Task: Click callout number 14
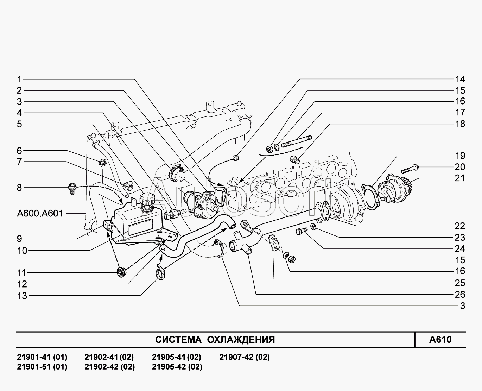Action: (x=460, y=79)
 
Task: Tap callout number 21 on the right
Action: (x=460, y=178)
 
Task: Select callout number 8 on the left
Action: (x=19, y=188)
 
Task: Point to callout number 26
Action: (x=460, y=295)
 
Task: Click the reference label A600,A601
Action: (x=40, y=213)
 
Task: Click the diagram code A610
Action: (x=440, y=340)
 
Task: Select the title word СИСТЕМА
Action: (x=178, y=340)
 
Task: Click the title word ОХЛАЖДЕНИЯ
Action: (x=241, y=340)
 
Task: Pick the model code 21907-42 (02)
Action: (x=245, y=357)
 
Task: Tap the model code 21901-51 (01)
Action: (x=42, y=367)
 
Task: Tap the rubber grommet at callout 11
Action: (x=121, y=271)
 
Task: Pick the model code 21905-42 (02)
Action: (x=177, y=367)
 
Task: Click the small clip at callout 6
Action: (x=102, y=162)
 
